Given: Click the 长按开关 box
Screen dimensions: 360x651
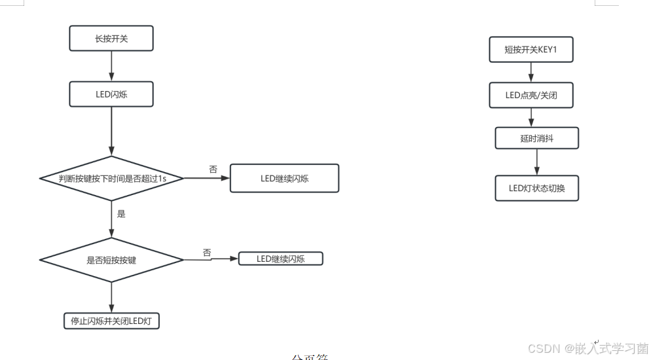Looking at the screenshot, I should [111, 39].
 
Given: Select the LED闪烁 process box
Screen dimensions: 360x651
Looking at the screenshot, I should [111, 94].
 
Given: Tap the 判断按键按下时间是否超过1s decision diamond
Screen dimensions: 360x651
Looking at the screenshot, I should [111, 178].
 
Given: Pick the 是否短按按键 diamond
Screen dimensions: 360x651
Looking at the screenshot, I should [111, 260].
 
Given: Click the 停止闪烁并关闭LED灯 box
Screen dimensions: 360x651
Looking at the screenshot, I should [111, 321].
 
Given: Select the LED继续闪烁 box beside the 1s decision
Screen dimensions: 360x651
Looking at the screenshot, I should [284, 178].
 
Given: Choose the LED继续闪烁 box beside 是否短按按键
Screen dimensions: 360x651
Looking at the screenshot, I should [281, 259].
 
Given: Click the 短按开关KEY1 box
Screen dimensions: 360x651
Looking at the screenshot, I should [531, 50].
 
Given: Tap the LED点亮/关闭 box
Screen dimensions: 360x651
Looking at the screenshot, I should [531, 96].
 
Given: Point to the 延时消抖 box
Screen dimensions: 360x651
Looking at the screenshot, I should [536, 138].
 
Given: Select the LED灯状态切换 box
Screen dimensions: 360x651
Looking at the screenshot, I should [536, 189].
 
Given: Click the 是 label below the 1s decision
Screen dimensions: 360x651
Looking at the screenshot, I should [121, 213].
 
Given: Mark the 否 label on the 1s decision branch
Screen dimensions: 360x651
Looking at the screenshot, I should [213, 169].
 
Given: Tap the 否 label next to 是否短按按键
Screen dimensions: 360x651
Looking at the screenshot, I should [207, 252].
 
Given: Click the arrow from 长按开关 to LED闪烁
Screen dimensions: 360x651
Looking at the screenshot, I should [111, 65].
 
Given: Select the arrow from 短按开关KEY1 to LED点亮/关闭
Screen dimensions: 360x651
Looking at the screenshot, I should [531, 73].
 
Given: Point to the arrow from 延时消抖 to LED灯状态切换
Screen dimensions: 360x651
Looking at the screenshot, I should [536, 162].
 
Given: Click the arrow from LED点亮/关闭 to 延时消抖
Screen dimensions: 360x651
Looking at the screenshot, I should [531, 118].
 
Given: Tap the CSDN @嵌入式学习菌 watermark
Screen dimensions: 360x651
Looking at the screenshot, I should [587, 348].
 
